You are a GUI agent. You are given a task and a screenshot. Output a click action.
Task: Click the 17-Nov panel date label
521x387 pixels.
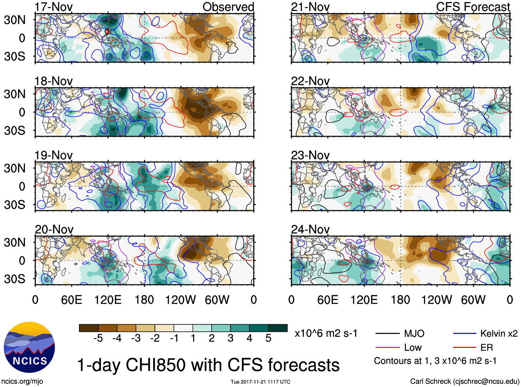click(53, 7)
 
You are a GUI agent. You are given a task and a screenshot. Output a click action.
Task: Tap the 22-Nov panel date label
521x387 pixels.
click(310, 81)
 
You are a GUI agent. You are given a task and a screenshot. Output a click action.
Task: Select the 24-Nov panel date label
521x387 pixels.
click(310, 229)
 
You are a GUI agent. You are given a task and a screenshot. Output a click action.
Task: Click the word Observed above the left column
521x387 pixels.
click(228, 7)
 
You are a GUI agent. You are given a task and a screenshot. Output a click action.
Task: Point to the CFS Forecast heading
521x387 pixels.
click(473, 7)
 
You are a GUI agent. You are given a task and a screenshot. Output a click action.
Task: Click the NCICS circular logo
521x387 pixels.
click(29, 347)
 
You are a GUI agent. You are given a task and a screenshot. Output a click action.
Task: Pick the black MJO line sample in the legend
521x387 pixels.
click(387, 333)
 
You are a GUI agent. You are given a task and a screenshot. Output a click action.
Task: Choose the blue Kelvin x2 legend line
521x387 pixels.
click(464, 333)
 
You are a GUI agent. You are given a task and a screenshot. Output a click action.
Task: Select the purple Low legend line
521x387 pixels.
click(387, 348)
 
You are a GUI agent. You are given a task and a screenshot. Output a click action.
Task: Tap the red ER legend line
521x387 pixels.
click(464, 348)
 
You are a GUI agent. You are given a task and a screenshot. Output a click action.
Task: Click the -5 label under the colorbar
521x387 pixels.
click(98, 338)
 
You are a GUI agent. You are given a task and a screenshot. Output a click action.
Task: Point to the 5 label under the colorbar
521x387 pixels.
click(268, 338)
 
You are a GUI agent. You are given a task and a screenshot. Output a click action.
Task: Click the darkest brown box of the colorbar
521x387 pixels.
click(88, 328)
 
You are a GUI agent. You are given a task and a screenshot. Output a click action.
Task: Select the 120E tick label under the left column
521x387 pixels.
click(108, 300)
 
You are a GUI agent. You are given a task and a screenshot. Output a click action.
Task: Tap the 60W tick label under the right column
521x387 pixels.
click(473, 300)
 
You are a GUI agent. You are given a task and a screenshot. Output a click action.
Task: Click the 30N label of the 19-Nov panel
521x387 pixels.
click(14, 168)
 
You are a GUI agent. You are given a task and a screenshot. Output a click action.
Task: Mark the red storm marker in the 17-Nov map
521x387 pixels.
click(107, 32)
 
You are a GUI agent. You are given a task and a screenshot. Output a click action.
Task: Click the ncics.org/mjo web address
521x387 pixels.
click(22, 381)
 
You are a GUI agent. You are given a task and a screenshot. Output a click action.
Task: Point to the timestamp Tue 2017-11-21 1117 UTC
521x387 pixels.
click(260, 382)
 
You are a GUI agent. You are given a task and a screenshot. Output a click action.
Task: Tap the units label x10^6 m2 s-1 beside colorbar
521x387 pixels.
click(326, 333)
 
